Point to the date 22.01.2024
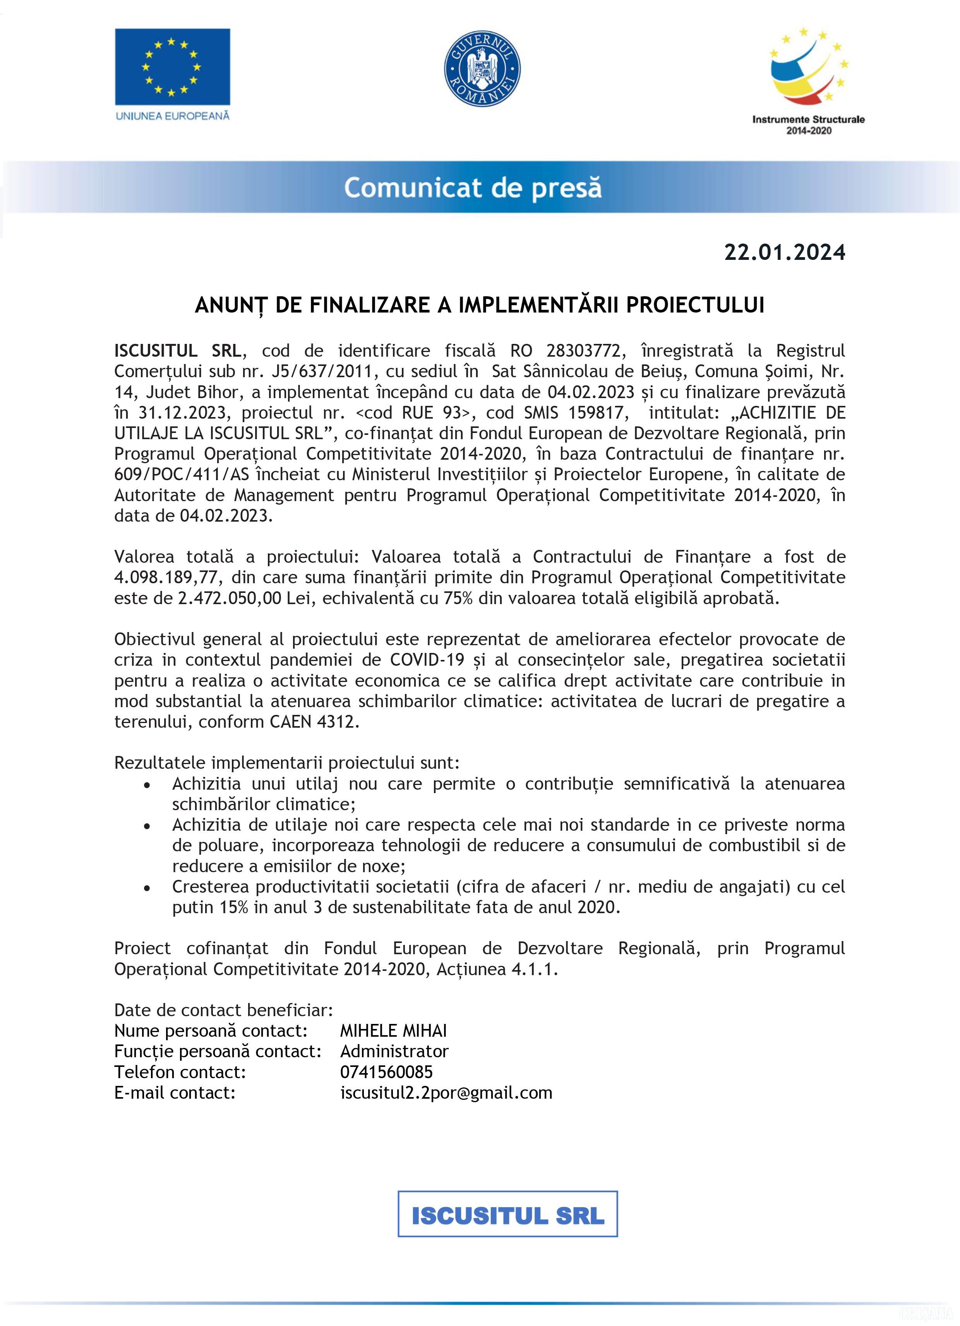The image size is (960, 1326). pyautogui.click(x=784, y=252)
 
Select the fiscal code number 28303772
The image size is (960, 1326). pyautogui.click(x=583, y=351)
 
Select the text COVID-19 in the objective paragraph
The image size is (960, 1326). pyautogui.click(x=427, y=660)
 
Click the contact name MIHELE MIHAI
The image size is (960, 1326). pyautogui.click(x=393, y=1031)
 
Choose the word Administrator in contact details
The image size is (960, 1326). pyautogui.click(x=394, y=1051)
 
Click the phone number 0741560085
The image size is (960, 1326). pyautogui.click(x=386, y=1072)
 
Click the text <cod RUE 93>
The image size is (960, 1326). pyautogui.click(x=412, y=413)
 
